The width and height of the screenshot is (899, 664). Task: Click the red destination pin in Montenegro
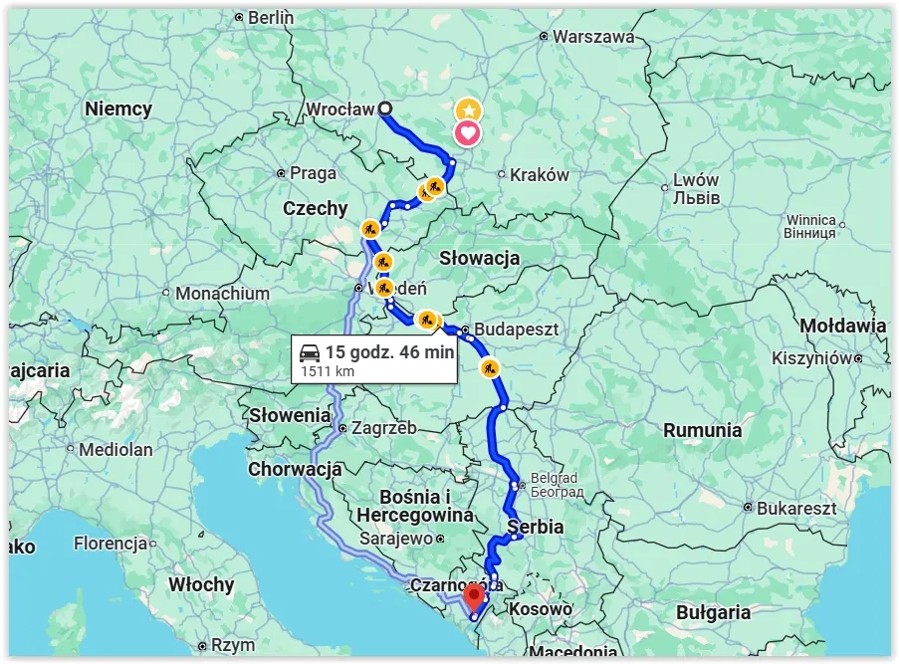point(474,596)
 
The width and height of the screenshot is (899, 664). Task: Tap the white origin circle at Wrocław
point(385,110)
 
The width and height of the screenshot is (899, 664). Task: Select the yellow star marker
point(467,111)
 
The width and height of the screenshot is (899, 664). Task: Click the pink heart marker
point(467,132)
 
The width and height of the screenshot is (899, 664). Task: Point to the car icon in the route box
point(310,352)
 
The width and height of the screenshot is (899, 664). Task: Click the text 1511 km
point(328,372)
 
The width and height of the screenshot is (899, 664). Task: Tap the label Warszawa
point(593,37)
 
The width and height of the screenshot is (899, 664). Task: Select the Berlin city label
point(270,17)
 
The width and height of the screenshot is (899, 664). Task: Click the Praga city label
point(313,173)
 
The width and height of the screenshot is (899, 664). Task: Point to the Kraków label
point(539,175)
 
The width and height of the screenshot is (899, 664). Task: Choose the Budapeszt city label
point(517,329)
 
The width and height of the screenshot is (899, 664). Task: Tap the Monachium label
point(222,294)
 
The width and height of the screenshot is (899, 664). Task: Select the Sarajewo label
point(395,539)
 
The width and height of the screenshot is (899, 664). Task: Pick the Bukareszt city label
point(795,508)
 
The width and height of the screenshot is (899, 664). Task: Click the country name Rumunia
point(702,430)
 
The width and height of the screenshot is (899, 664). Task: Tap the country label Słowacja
point(480,259)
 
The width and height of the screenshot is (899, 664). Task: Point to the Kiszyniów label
point(807,357)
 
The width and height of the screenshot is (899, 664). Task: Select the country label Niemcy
point(118,110)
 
